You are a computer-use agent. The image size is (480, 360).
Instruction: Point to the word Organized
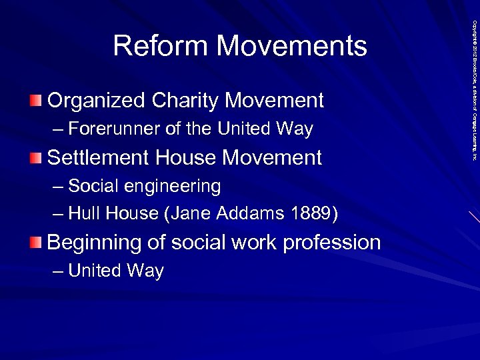tap(96, 101)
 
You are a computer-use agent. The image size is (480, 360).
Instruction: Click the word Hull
tap(83, 214)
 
